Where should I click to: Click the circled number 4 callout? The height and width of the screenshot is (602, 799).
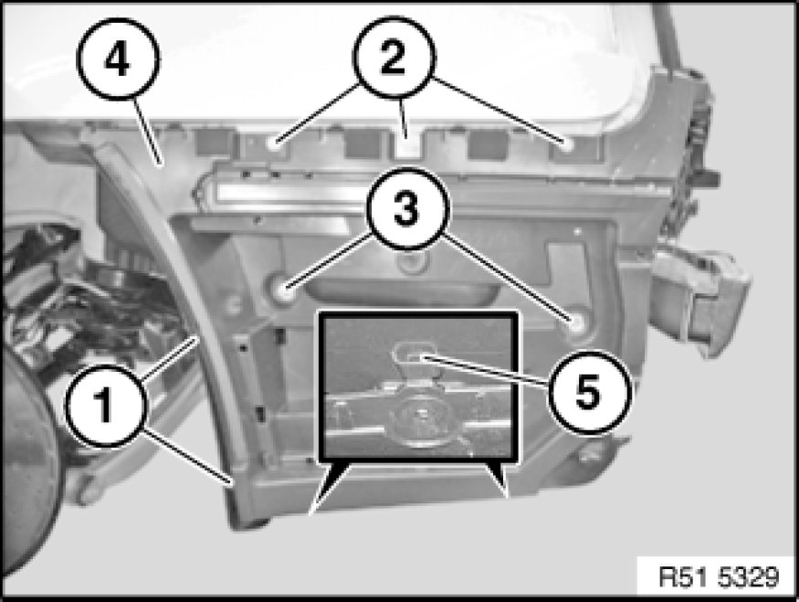click(x=118, y=59)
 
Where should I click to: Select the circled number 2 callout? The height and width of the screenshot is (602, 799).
click(x=394, y=58)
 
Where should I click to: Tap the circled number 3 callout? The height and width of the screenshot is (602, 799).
click(x=407, y=208)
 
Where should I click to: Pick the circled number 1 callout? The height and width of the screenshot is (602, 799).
click(x=106, y=406)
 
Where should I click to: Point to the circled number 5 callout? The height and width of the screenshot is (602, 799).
click(x=590, y=393)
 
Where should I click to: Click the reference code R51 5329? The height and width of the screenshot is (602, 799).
click(x=719, y=576)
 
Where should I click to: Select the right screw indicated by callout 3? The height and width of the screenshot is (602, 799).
click(x=578, y=322)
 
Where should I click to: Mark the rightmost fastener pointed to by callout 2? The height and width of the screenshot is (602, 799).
click(x=567, y=145)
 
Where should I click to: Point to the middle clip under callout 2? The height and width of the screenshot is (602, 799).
click(x=405, y=146)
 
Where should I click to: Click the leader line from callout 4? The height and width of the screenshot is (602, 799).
click(x=148, y=132)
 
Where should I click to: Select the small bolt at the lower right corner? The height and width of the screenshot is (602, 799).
click(x=590, y=453)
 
